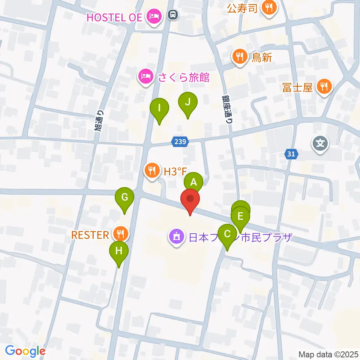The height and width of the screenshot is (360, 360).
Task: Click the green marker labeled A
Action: [x=193, y=183]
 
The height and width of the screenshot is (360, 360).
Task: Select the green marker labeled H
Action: [x=118, y=251]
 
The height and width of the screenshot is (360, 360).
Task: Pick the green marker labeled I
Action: [x=159, y=109]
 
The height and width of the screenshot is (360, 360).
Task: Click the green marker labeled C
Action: [x=227, y=234]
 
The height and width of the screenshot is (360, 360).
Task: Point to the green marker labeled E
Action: [x=240, y=216]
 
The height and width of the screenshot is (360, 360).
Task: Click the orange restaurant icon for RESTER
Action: [x=120, y=234]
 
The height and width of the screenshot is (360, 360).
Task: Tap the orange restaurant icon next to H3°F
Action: [x=152, y=171]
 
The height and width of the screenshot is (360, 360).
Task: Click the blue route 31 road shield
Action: [x=292, y=154]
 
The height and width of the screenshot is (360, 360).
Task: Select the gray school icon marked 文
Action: [x=321, y=143]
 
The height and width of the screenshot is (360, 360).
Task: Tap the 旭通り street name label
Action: [x=100, y=120]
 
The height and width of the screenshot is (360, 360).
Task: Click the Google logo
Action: [x=25, y=351]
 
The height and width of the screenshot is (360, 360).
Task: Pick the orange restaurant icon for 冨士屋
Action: [x=323, y=87]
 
